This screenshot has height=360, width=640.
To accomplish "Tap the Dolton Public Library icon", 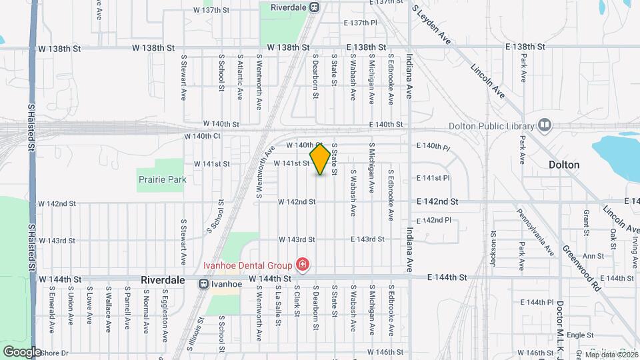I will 545,125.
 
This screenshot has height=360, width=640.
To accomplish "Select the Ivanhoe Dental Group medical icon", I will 303,265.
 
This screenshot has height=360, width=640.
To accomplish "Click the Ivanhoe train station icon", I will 203,283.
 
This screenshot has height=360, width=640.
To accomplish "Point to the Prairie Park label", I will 162,179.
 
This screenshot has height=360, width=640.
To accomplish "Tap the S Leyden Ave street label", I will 431,25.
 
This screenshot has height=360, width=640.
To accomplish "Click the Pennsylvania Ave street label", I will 536,232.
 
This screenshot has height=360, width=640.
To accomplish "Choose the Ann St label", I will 593,255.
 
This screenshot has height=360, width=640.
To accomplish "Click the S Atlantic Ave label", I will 239,77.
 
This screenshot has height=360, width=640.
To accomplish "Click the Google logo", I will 22,351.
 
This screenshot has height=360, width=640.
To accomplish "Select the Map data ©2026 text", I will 609,355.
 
